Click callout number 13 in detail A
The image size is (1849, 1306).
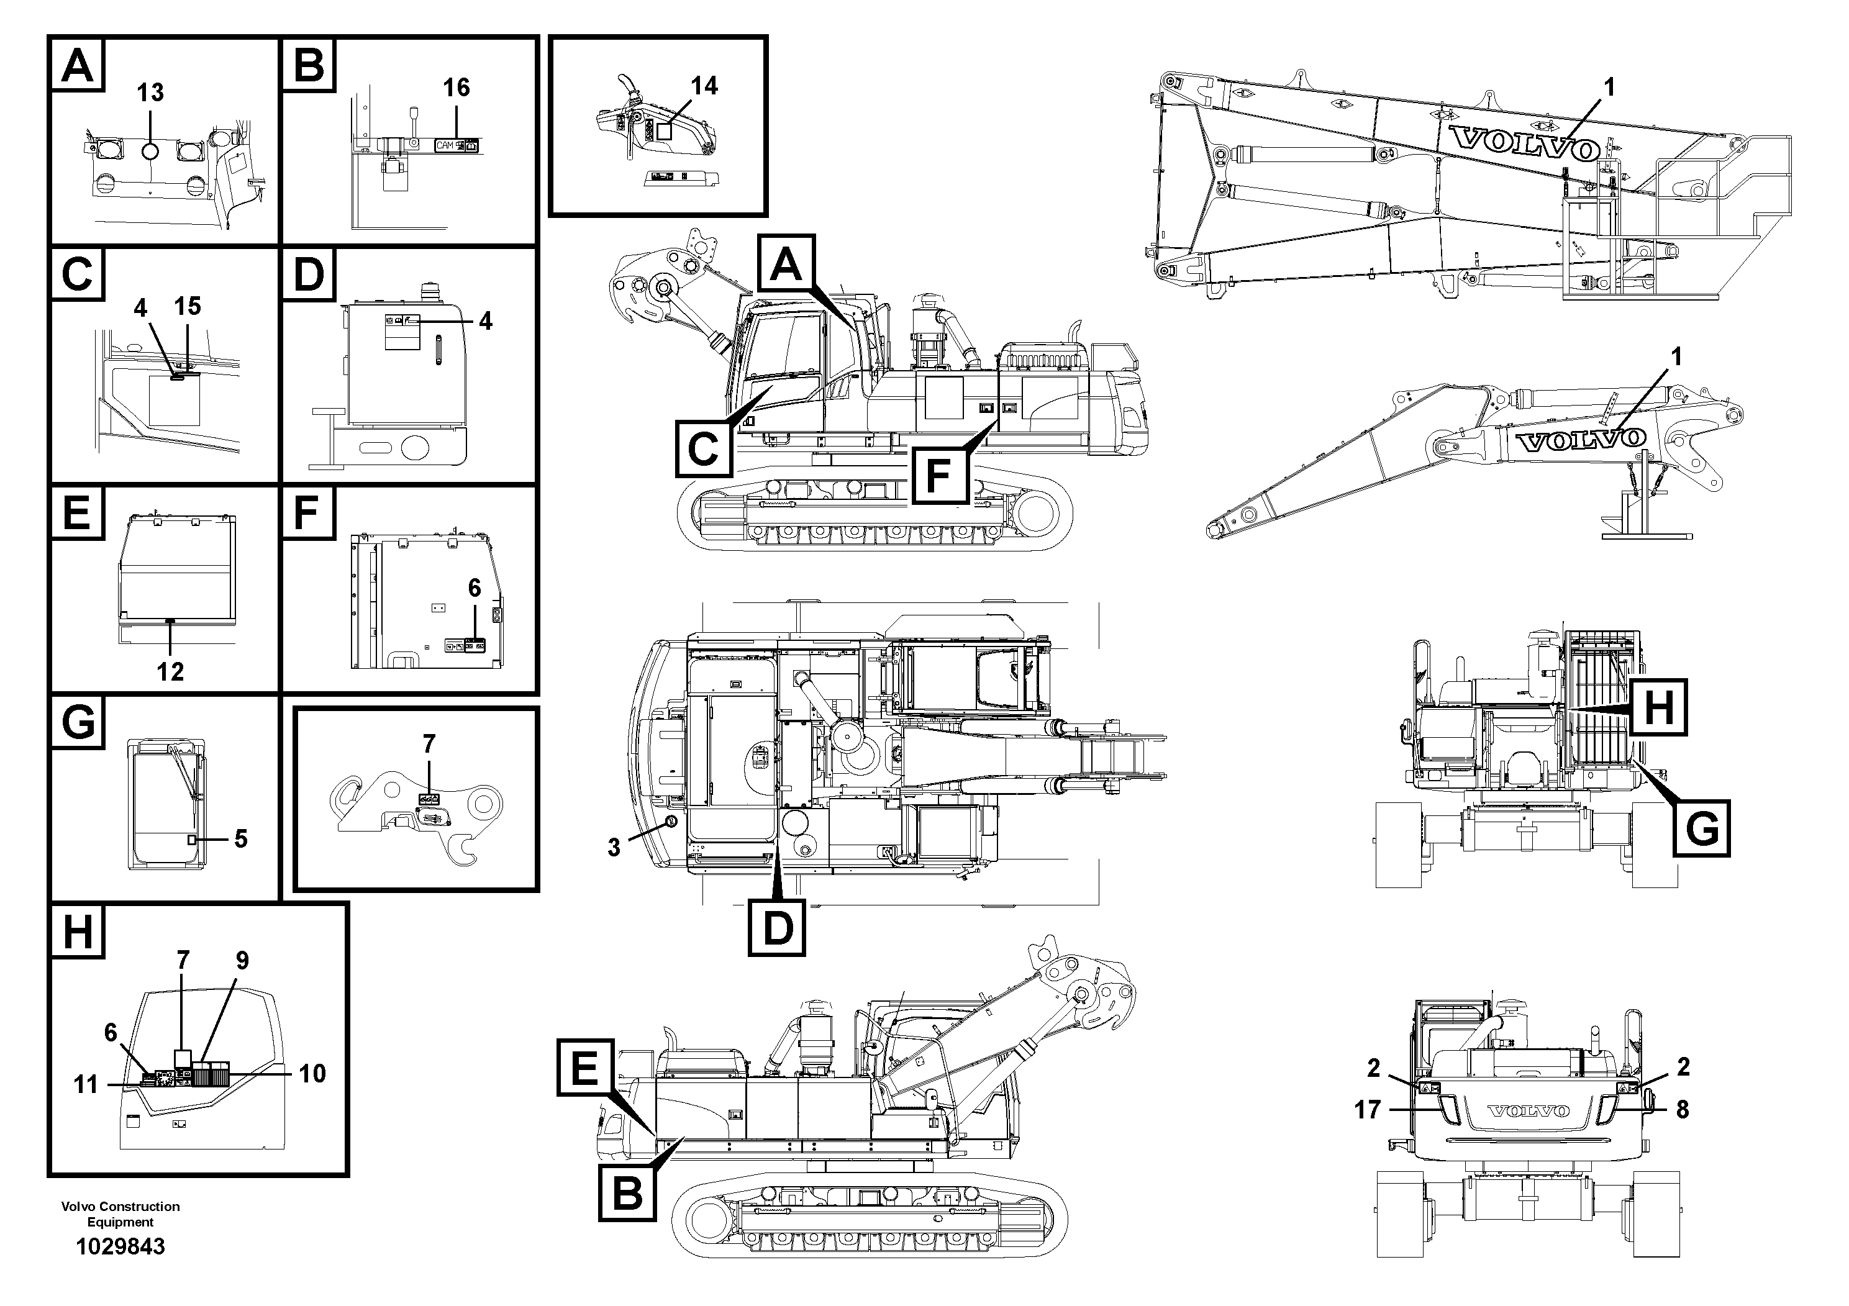pyautogui.click(x=150, y=93)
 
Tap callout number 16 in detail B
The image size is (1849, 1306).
pyautogui.click(x=456, y=88)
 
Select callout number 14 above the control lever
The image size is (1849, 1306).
pyautogui.click(x=704, y=86)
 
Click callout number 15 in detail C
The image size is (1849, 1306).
pyautogui.click(x=187, y=306)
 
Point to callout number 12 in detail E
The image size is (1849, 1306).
pyautogui.click(x=170, y=671)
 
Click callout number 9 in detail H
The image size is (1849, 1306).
pyautogui.click(x=242, y=961)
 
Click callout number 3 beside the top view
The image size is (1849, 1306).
pyautogui.click(x=614, y=847)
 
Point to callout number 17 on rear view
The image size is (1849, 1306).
pyautogui.click(x=1368, y=1110)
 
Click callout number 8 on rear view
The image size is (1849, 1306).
pyautogui.click(x=1683, y=1110)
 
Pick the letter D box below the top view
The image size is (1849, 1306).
pyautogui.click(x=777, y=928)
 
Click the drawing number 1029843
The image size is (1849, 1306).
pyautogui.click(x=120, y=1247)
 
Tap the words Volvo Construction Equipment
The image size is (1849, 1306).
pyautogui.click(x=120, y=1213)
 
